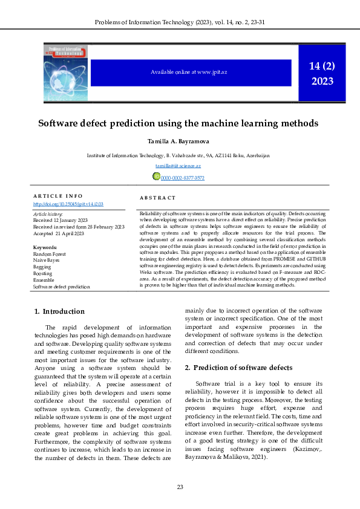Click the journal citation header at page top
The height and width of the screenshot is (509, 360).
point(180,23)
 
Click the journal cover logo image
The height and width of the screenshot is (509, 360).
point(65,72)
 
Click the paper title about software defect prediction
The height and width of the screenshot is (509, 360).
point(178,123)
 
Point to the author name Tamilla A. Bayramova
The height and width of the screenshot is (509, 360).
point(178,141)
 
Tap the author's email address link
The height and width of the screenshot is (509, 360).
point(178,166)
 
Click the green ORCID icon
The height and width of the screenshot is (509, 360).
point(155,177)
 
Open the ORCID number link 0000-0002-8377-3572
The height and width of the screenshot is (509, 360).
point(182,178)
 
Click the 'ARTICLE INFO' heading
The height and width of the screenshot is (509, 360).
point(57,196)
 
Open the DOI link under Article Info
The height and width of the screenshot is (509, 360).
point(67,204)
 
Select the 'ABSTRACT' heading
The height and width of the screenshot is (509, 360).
point(157,198)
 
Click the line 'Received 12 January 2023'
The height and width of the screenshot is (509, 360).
point(60,221)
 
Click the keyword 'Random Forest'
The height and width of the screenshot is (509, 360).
point(50,254)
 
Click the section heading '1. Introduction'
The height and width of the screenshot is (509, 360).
point(59,311)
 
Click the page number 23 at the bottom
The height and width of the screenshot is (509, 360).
point(180,487)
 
